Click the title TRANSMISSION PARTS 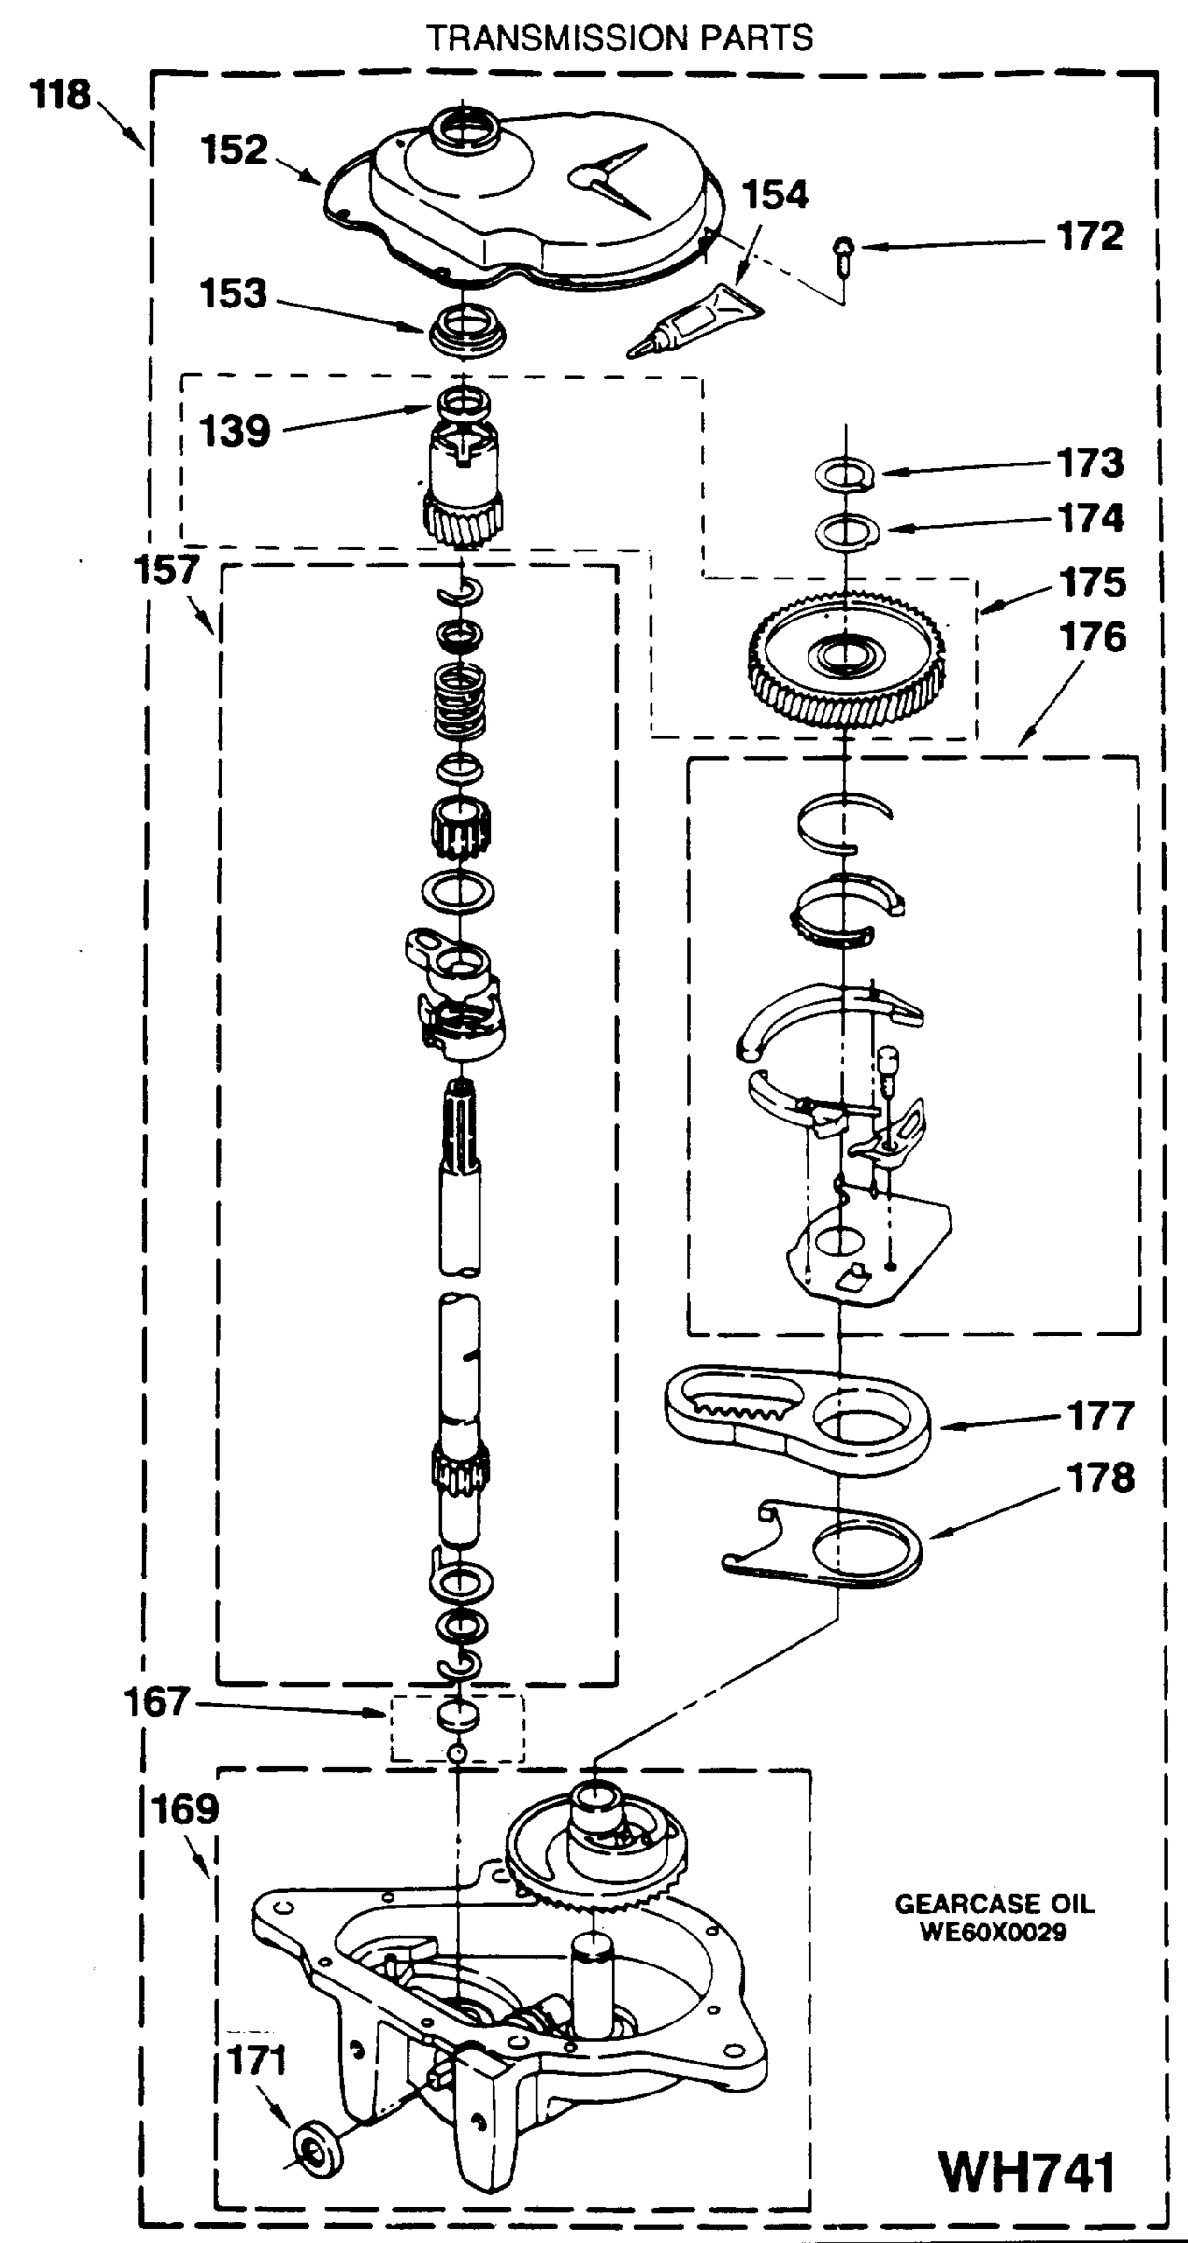(620, 38)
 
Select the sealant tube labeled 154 (696, 320)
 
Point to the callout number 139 (235, 432)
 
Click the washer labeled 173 (844, 474)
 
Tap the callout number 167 (156, 1703)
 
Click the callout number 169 (184, 1810)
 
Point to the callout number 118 (62, 94)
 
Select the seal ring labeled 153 (465, 331)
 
